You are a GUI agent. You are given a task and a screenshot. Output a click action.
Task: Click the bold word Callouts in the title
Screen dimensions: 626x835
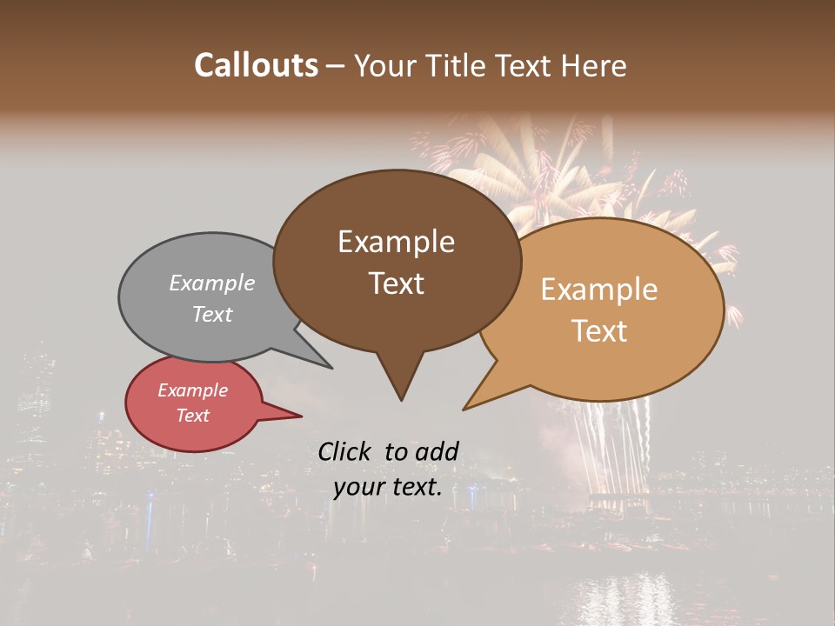click(256, 65)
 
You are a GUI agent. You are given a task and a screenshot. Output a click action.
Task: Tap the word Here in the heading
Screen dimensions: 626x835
click(596, 65)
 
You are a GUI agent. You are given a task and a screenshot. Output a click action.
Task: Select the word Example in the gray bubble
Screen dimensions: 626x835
click(212, 283)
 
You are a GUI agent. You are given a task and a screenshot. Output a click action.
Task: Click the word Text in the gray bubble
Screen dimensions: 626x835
click(212, 314)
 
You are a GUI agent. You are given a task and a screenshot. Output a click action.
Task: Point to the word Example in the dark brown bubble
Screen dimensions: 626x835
click(396, 242)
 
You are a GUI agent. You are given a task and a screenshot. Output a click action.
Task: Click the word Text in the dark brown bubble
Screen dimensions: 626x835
click(396, 283)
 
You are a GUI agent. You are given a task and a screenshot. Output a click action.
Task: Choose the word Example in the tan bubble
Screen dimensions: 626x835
click(599, 290)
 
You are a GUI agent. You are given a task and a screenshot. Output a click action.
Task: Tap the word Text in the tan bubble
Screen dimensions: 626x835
click(599, 330)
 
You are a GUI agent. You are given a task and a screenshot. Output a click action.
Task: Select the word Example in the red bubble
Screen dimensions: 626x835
click(193, 390)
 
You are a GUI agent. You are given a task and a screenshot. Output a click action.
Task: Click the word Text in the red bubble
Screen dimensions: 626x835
click(193, 416)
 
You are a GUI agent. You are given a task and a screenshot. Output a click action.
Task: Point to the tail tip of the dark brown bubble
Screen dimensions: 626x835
click(401, 399)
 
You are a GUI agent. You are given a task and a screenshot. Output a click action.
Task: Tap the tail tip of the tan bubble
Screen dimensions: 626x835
click(464, 409)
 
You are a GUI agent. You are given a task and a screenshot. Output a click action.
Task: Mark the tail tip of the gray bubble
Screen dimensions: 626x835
click(331, 367)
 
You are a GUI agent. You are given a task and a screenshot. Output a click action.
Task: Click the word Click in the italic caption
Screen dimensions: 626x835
click(345, 451)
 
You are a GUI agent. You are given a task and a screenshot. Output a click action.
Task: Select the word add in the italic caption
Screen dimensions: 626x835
click(438, 451)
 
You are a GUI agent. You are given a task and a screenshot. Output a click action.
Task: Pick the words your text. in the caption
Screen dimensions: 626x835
click(388, 487)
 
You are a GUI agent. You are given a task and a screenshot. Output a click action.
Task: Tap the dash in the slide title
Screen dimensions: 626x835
click(335, 66)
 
